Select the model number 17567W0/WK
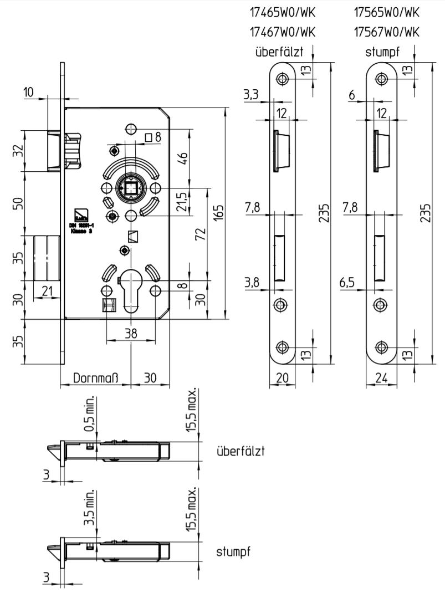[386, 32]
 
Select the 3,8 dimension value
[252, 283]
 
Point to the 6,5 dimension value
[347, 283]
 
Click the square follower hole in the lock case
[131, 190]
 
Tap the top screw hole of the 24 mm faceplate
[381, 79]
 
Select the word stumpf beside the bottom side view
[234, 552]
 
